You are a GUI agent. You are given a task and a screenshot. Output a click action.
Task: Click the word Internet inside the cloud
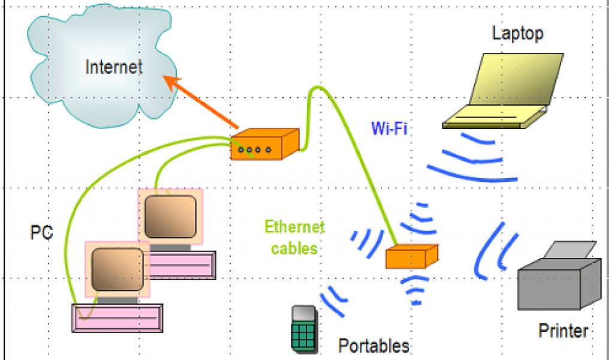pyautogui.click(x=114, y=66)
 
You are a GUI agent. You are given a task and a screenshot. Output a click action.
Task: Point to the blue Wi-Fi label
pyautogui.click(x=389, y=128)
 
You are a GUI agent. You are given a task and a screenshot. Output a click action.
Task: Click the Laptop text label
pyautogui.click(x=517, y=33)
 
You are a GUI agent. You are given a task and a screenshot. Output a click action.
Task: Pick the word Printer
pyautogui.click(x=563, y=330)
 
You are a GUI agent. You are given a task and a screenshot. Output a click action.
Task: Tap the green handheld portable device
pyautogui.click(x=303, y=328)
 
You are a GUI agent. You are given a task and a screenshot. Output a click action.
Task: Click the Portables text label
pyautogui.click(x=374, y=346)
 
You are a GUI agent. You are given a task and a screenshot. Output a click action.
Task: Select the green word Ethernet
pyautogui.click(x=294, y=227)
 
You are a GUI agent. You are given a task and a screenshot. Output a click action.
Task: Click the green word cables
pyautogui.click(x=294, y=248)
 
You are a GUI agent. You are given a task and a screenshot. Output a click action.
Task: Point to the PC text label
pyautogui.click(x=41, y=232)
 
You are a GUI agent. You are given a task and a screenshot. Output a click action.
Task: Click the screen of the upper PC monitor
pyautogui.click(x=170, y=217)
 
